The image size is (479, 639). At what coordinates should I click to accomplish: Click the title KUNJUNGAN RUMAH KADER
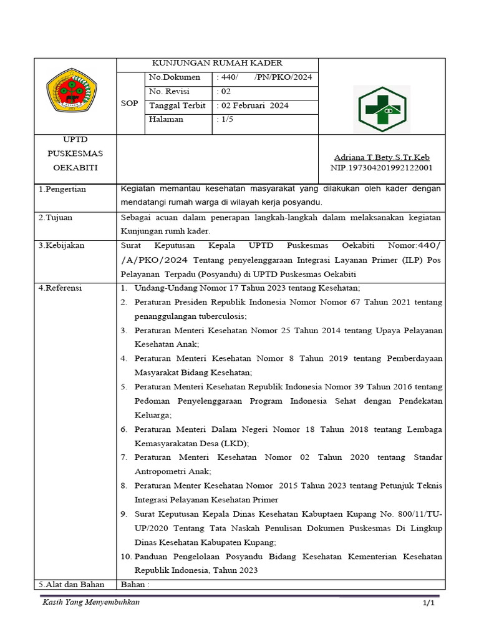click(x=218, y=63)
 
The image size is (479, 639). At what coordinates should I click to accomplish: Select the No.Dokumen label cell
click(x=175, y=77)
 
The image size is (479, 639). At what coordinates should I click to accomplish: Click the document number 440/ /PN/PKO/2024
click(x=264, y=77)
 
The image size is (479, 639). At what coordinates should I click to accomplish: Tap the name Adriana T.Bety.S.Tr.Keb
click(x=382, y=157)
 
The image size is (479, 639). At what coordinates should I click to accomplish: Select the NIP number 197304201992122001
click(x=382, y=168)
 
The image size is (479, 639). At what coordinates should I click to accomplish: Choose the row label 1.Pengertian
click(x=62, y=188)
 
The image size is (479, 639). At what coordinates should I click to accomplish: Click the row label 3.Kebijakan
click(x=61, y=245)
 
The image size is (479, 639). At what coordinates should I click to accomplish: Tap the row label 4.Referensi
click(x=60, y=288)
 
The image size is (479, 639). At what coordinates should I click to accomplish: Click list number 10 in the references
click(x=125, y=557)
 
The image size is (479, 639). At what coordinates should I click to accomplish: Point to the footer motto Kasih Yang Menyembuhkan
click(x=91, y=602)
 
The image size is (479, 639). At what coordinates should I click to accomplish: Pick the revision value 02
click(x=223, y=92)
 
